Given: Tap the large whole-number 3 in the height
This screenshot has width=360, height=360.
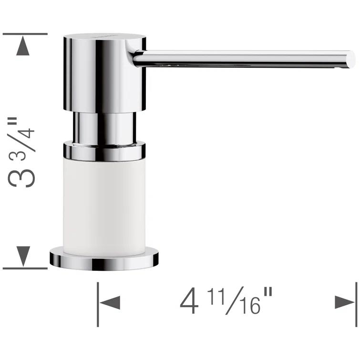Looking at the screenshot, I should pyautogui.click(x=24, y=174).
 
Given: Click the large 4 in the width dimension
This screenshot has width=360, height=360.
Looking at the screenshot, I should pyautogui.click(x=189, y=302).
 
